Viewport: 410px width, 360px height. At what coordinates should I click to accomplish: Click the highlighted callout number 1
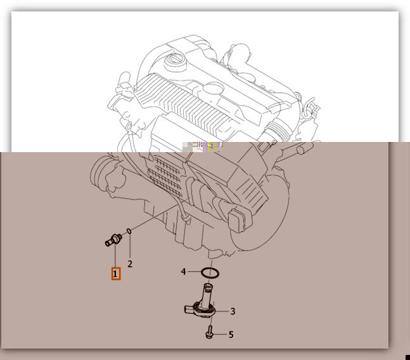coord(116,274)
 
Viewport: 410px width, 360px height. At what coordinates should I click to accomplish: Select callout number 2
coord(130,264)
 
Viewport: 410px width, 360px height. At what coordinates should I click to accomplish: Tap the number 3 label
coord(233,311)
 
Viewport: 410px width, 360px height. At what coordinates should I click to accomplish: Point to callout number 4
coord(183,272)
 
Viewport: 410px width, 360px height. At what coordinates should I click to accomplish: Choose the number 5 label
coord(231,335)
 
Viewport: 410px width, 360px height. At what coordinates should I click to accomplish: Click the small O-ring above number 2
coord(129,231)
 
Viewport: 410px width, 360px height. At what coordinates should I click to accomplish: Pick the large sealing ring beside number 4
coord(210,273)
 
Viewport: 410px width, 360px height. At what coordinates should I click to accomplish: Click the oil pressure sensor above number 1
coord(113,240)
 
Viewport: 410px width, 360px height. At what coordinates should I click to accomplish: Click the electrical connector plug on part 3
coord(189,309)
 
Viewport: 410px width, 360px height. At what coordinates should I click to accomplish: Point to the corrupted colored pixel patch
coord(203,146)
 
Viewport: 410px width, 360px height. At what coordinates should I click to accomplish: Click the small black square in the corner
coord(407,357)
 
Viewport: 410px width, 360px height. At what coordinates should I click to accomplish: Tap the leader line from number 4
coord(194,272)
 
